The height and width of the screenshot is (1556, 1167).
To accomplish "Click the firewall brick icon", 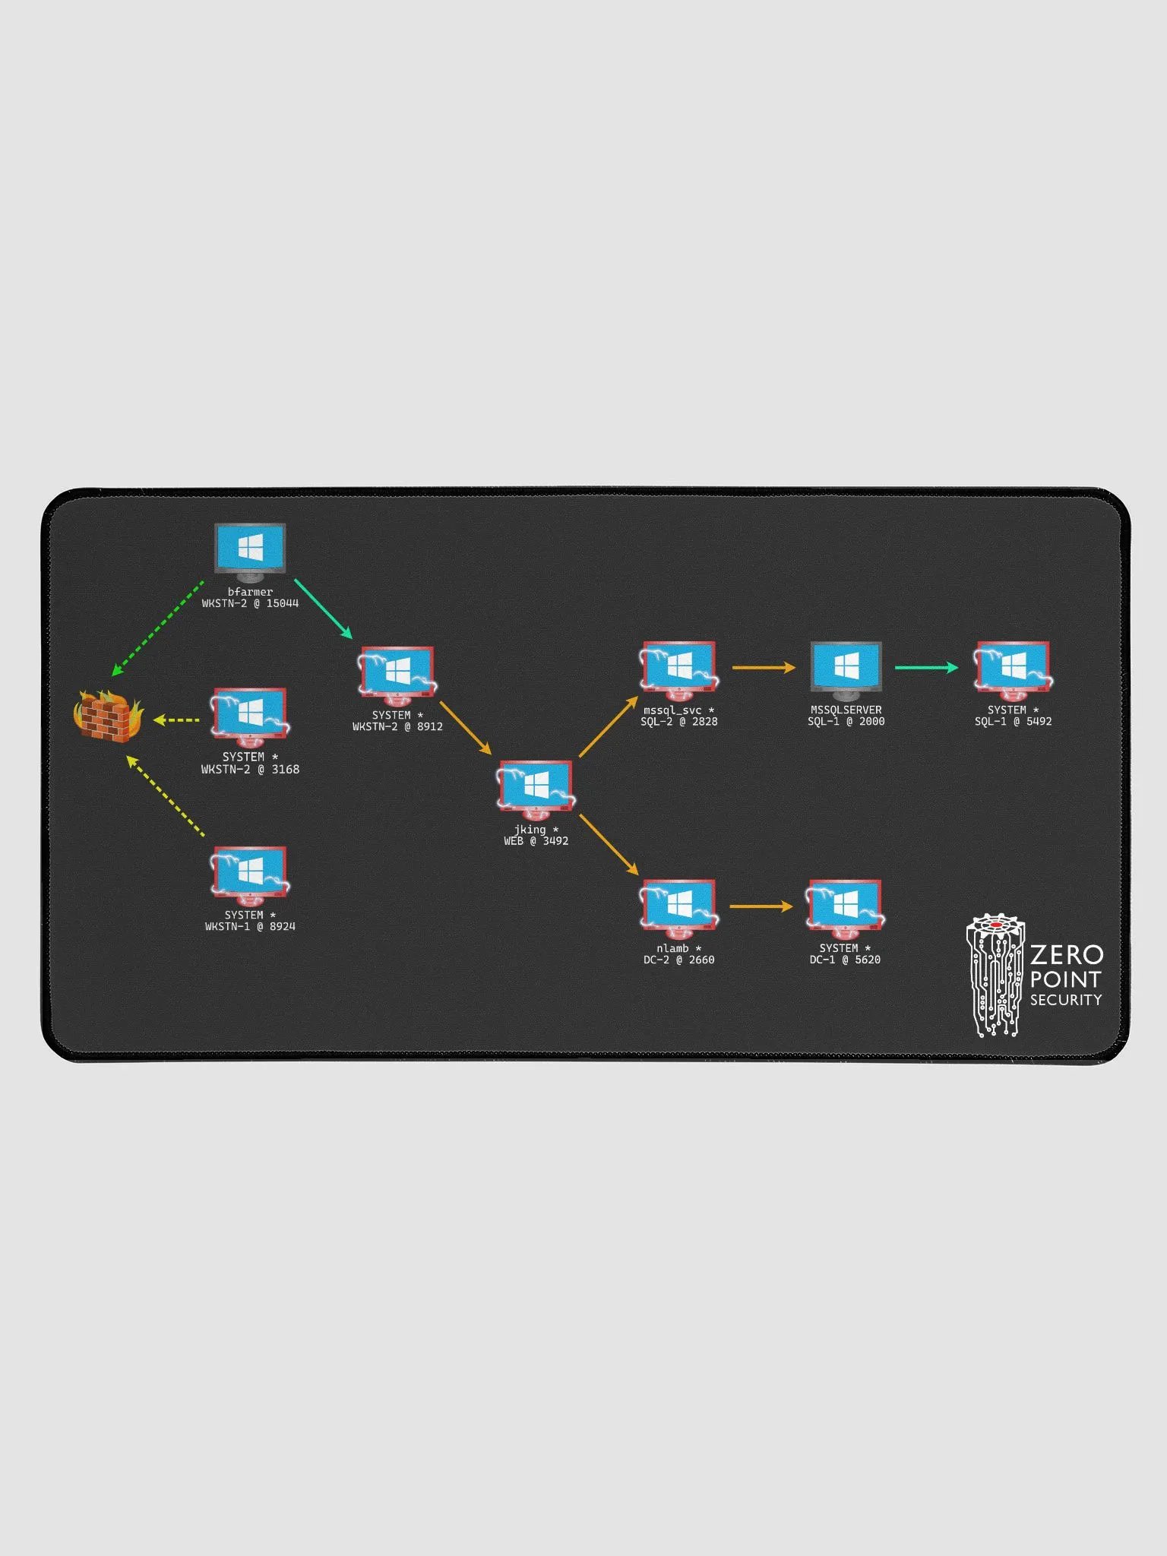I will [x=107, y=716].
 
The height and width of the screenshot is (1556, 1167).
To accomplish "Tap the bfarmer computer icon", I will [x=250, y=548].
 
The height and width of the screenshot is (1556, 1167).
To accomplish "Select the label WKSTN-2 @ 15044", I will [x=250, y=604].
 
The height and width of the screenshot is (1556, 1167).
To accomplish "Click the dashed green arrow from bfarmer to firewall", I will [x=158, y=628].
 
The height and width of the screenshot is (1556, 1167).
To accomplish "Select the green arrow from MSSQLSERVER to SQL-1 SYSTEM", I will [x=926, y=668].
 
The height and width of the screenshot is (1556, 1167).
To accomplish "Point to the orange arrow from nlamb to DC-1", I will [x=761, y=906].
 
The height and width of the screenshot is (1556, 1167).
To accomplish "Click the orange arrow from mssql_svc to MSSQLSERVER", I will [x=764, y=668].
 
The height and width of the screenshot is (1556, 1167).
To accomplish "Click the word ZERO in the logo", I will [x=1067, y=955].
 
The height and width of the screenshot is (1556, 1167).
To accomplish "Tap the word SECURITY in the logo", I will [x=1065, y=1000].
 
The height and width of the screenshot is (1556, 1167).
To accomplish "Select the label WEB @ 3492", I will [x=536, y=841].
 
